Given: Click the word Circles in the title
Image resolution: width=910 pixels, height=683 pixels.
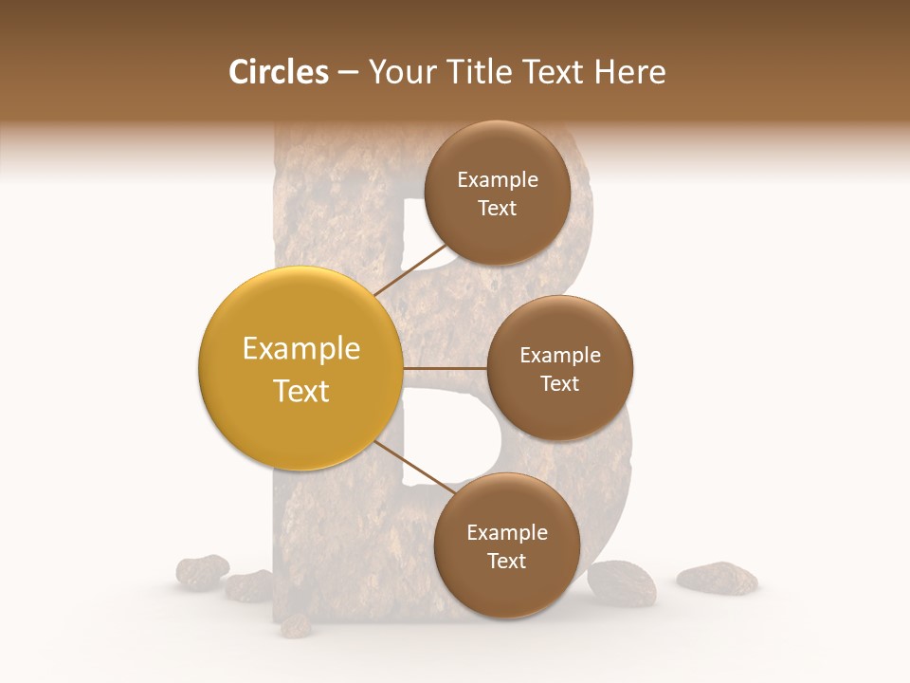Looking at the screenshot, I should click(278, 72).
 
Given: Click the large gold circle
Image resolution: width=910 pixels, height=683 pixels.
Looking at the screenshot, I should click(300, 369).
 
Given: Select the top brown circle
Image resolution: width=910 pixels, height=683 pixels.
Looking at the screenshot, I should click(497, 193).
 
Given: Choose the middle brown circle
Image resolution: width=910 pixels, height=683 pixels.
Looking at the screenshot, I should click(559, 368).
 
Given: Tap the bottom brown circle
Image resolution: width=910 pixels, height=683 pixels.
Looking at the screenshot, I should click(506, 545).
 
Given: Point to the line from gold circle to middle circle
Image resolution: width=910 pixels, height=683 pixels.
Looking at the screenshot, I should click(445, 368).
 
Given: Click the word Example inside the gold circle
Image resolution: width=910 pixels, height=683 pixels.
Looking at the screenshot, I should click(300, 349).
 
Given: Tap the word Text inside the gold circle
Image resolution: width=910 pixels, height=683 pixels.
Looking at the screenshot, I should click(300, 391).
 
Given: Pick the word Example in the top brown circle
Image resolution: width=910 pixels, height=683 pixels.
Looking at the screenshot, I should click(497, 179).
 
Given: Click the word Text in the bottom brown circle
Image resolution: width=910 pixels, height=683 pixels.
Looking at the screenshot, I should click(506, 561).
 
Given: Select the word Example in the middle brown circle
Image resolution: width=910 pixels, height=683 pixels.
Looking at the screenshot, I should click(559, 355).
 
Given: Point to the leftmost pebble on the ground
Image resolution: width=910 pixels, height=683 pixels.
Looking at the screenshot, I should click(202, 571).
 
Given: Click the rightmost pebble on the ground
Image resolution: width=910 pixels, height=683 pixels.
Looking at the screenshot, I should click(717, 577).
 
